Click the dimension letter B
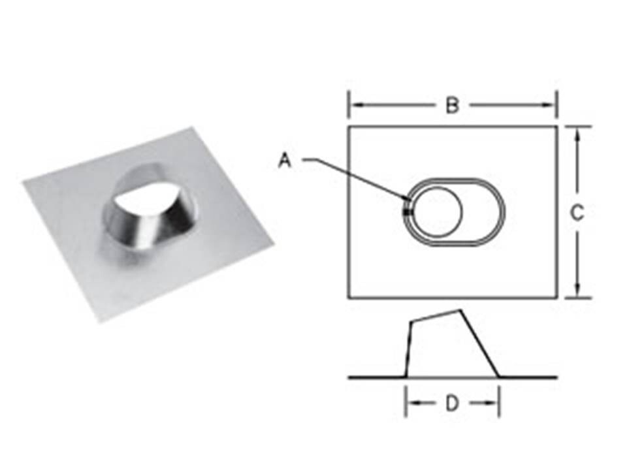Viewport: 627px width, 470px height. [x=452, y=106]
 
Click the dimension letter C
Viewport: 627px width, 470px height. [x=577, y=213]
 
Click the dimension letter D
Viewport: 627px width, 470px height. [x=452, y=403]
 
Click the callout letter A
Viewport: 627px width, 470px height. [x=285, y=161]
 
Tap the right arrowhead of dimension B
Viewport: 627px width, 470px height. [x=549, y=105]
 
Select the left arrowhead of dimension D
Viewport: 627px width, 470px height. [x=413, y=403]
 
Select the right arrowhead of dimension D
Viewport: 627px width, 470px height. [x=492, y=403]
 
